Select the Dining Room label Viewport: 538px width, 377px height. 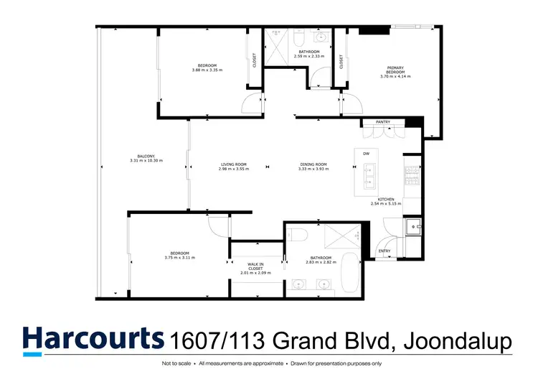[x=313, y=165]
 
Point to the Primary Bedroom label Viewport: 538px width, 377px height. [x=396, y=70]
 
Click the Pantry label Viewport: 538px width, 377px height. [x=382, y=122]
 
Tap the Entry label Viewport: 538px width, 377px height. [x=384, y=251]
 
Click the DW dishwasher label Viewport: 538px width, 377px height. [x=366, y=154]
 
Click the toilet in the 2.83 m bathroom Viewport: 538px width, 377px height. [x=300, y=235]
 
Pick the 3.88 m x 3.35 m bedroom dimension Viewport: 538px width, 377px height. [x=207, y=70]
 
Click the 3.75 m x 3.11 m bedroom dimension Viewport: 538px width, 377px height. [x=179, y=258]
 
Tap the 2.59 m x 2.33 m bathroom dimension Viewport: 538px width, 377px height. [x=309, y=56]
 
